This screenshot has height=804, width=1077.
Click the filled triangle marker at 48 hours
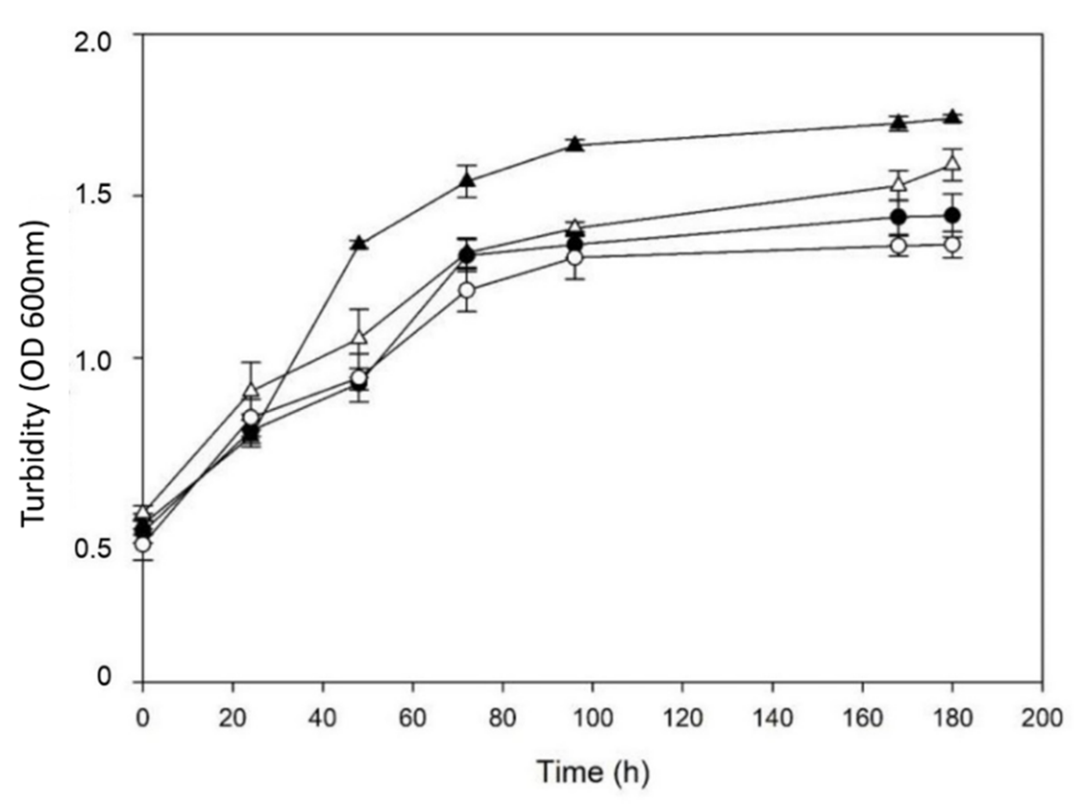(359, 242)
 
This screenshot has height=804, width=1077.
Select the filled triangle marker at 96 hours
(575, 145)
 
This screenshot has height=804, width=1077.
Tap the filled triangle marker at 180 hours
(953, 117)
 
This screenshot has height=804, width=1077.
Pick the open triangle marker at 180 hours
(953, 163)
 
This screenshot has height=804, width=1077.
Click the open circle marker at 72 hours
(466, 290)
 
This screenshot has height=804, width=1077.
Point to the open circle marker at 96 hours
(575, 258)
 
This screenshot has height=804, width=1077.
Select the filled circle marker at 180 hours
(953, 215)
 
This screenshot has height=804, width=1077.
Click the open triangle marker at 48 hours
(359, 337)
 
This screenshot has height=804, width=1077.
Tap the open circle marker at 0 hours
(142, 544)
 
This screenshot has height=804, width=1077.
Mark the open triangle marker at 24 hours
(251, 390)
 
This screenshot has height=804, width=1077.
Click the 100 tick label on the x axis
(592, 718)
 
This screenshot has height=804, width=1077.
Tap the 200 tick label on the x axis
(1041, 718)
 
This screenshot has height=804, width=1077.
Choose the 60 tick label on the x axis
(412, 718)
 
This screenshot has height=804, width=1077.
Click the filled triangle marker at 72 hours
(466, 181)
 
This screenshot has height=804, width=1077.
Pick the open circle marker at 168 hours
(899, 245)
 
